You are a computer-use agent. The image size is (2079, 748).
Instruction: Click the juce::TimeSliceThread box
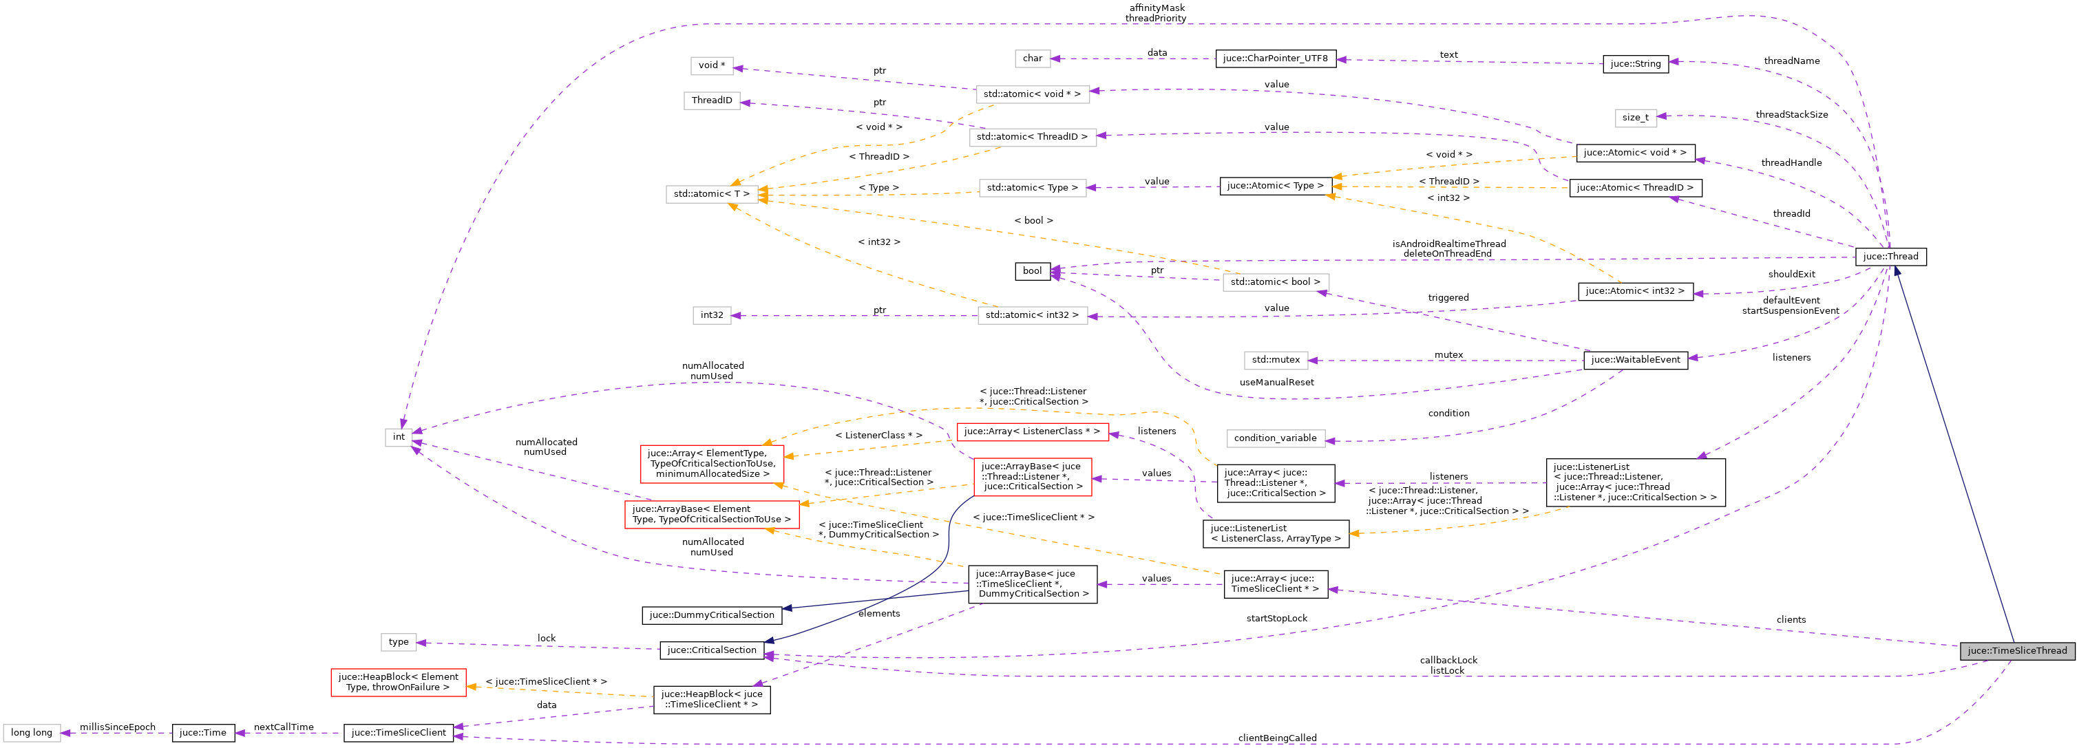click(x=2016, y=650)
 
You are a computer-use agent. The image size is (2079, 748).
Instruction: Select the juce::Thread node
click(x=1890, y=257)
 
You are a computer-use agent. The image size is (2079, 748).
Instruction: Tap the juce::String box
click(x=1635, y=64)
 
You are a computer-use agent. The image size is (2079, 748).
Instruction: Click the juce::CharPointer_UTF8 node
click(x=1275, y=58)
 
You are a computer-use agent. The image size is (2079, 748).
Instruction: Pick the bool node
click(x=1032, y=271)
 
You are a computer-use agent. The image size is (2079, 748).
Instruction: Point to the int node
click(x=399, y=436)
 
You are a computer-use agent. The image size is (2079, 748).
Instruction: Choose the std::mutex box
click(x=1275, y=360)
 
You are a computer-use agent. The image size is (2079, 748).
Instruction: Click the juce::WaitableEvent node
click(x=1635, y=360)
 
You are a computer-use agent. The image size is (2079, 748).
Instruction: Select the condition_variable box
click(x=1275, y=438)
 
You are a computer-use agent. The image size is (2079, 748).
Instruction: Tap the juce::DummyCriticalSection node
click(x=711, y=615)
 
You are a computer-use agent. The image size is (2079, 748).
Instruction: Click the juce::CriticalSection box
click(x=711, y=650)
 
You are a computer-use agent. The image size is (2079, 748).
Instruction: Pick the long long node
click(x=32, y=733)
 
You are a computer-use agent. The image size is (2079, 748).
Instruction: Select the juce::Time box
click(x=202, y=733)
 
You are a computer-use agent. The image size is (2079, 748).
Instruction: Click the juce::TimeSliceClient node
click(x=399, y=733)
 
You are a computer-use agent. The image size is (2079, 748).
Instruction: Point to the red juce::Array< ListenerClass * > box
click(x=1031, y=431)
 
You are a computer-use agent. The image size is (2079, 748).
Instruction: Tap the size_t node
click(x=1635, y=118)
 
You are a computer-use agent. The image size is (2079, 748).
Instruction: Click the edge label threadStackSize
click(x=1791, y=115)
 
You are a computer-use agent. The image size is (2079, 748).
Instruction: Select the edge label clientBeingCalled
click(x=1277, y=738)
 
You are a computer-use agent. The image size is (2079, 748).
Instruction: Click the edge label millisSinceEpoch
click(x=117, y=727)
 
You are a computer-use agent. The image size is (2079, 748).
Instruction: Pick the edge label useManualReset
click(x=1276, y=383)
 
